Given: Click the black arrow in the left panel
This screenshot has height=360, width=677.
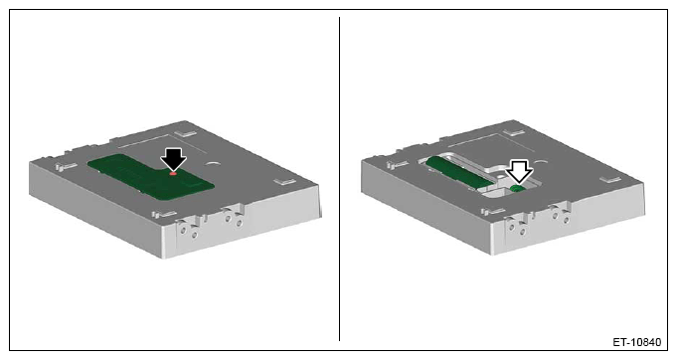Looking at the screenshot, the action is point(173,158).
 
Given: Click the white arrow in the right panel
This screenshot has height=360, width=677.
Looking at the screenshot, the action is point(519,170).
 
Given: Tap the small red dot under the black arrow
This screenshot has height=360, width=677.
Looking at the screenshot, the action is point(173,173).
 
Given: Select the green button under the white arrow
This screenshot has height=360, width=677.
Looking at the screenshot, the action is point(516,189).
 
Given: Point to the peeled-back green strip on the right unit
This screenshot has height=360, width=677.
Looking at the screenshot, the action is point(459,173).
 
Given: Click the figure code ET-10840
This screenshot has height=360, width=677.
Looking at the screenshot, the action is point(637,342).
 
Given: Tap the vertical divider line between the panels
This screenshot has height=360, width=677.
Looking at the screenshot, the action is point(339,179).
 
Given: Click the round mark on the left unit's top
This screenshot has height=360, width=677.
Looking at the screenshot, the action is point(213,164).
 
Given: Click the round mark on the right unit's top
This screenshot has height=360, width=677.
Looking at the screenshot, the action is point(541,162).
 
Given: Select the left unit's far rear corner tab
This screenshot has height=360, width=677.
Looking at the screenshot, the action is point(187,132).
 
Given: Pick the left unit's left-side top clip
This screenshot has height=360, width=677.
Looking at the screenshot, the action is point(66,166).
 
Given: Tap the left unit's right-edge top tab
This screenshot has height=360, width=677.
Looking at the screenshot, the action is point(285,180).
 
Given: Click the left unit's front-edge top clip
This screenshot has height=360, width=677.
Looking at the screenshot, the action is point(164,214).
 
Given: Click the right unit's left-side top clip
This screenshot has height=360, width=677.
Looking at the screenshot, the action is point(397,164).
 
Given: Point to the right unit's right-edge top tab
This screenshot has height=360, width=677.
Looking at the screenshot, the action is point(610,179).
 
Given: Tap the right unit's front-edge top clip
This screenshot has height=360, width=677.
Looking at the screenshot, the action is point(493,212).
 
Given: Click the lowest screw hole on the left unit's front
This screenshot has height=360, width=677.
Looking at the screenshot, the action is point(194,235).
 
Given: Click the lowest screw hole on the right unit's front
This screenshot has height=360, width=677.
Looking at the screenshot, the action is point(523,233).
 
